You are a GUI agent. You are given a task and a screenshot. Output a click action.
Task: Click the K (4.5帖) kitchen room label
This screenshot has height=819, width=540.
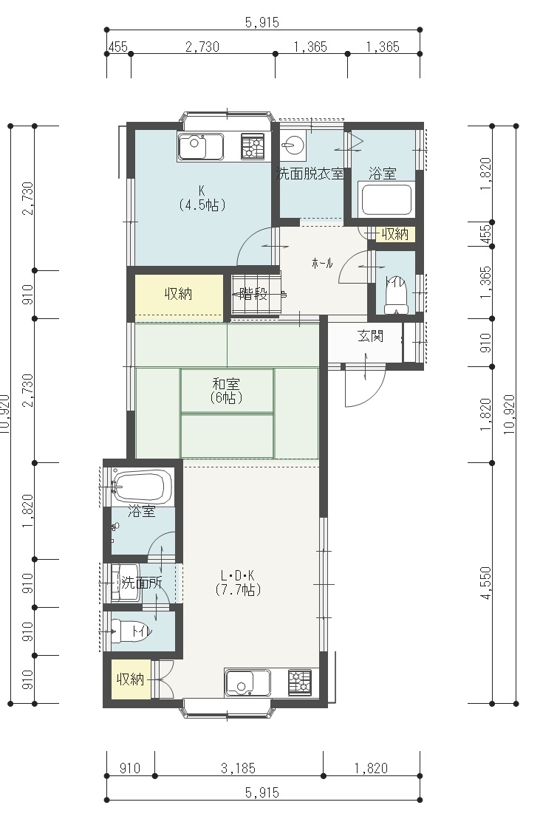point(202,197)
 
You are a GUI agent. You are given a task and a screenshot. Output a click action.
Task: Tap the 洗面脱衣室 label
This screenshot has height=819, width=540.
point(310,174)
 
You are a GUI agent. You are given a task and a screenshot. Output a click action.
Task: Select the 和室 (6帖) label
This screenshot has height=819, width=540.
point(226,391)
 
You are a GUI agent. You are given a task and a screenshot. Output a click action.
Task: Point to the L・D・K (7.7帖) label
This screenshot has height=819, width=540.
point(238,583)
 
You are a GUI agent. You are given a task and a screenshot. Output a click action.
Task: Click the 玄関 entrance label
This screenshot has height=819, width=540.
point(370,336)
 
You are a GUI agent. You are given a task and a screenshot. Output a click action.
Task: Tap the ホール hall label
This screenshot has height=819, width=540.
point(322,263)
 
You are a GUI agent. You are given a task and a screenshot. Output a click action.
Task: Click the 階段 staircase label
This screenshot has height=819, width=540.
point(253,294)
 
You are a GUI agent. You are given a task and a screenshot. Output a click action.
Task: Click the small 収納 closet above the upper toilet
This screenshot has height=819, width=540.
point(394,234)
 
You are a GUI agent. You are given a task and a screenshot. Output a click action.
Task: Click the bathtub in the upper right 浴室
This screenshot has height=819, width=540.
point(386,199)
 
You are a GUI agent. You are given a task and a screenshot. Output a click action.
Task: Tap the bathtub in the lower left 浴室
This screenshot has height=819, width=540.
point(142,487)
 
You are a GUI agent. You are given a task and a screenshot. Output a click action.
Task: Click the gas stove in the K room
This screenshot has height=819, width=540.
point(252,146)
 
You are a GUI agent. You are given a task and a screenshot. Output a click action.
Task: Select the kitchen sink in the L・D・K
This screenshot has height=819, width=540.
point(247,683)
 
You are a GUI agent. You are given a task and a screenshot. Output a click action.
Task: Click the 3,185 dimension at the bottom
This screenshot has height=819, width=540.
point(238,768)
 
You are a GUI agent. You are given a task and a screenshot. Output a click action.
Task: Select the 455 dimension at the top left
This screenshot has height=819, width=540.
point(118,47)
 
